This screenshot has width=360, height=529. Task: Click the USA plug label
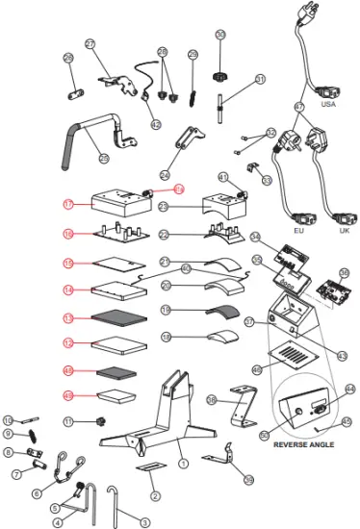[x=327, y=103]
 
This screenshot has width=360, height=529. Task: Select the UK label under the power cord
[x=345, y=232]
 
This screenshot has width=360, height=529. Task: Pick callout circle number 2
[x=153, y=495]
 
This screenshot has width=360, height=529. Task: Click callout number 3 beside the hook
[x=145, y=522]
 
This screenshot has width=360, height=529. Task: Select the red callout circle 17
[x=68, y=204]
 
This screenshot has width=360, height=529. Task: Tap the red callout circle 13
[x=68, y=316]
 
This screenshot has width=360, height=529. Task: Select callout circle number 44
[x=349, y=389]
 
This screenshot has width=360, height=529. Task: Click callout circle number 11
[x=68, y=421]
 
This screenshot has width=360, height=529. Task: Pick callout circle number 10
[x=8, y=419]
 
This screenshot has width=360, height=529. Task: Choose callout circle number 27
[x=90, y=44]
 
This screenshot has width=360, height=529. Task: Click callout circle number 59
[x=249, y=479]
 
